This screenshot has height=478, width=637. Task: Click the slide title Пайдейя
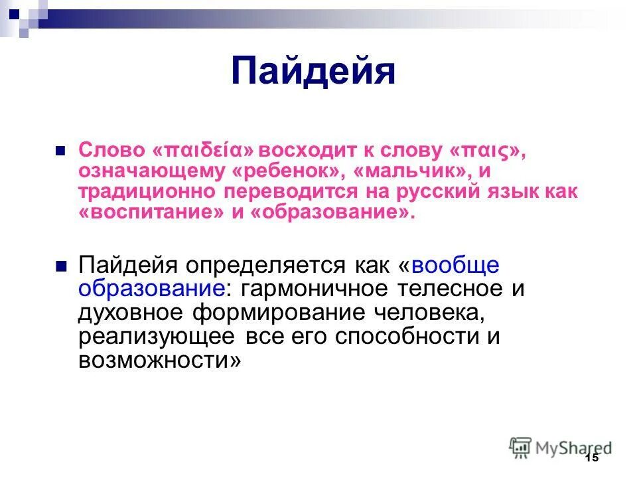[x=313, y=72]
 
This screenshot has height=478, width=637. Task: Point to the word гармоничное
[x=311, y=289]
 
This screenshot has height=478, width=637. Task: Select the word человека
[x=433, y=312]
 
